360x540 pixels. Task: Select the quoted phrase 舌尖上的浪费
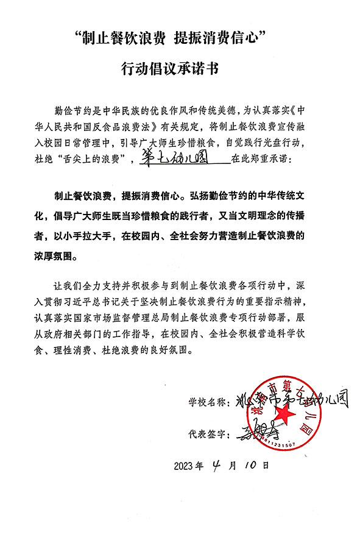96,160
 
